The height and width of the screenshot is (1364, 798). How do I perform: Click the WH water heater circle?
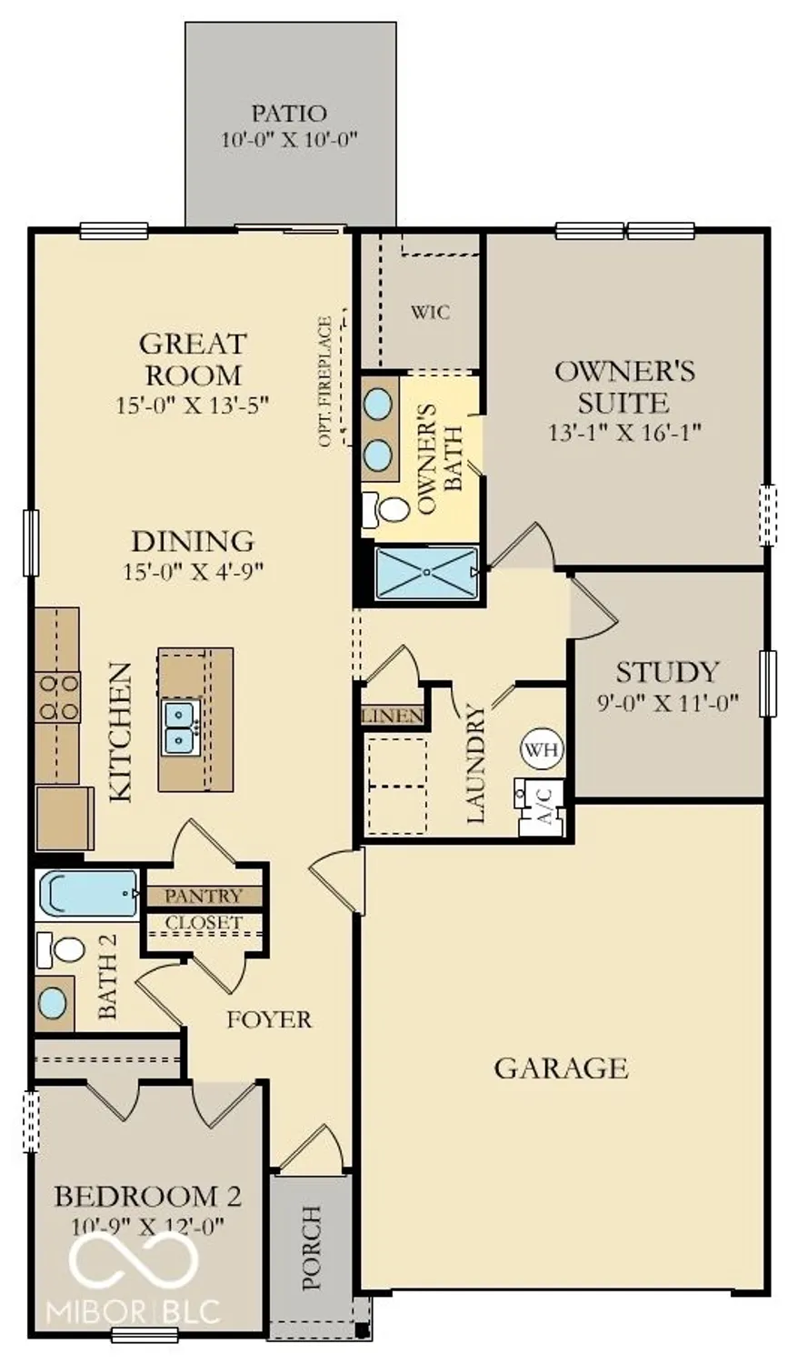tap(542, 750)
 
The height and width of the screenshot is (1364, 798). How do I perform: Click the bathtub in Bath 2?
tap(87, 894)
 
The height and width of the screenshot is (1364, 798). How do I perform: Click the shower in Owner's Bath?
tap(425, 573)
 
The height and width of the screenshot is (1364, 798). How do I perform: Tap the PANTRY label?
tap(204, 897)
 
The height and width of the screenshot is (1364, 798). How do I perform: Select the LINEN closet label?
tap(393, 717)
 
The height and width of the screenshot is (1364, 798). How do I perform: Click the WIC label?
tap(430, 313)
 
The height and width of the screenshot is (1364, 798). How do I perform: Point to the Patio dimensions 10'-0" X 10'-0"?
tap(290, 140)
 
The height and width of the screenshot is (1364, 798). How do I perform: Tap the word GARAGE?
tap(560, 1068)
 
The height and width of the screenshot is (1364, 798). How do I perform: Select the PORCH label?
tap(312, 1248)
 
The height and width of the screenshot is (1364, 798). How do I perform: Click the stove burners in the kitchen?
tap(57, 697)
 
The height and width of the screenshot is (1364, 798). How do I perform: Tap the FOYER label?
tap(269, 1020)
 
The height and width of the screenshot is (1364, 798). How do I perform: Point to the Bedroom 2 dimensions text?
tap(147, 1226)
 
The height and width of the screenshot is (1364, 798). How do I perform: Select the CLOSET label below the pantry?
tap(204, 923)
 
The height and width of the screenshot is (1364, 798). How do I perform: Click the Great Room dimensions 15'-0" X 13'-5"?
tap(193, 405)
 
